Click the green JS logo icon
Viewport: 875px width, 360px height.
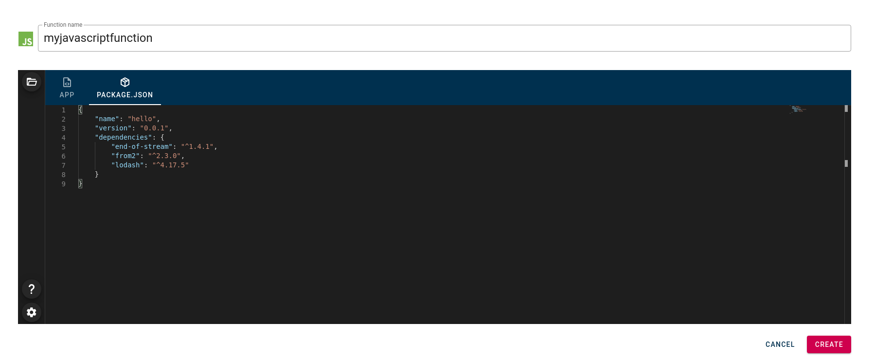click(26, 39)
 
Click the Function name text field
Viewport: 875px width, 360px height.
click(444, 38)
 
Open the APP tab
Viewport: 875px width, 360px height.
click(67, 88)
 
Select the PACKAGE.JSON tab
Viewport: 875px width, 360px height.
click(125, 88)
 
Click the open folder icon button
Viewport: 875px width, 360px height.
click(32, 82)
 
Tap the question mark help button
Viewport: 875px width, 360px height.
click(32, 289)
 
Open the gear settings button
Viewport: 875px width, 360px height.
click(32, 312)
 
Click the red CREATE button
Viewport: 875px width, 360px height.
click(829, 344)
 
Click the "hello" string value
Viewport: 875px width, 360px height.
click(142, 119)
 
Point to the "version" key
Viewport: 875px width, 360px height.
click(113, 128)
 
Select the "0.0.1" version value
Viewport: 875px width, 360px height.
click(154, 128)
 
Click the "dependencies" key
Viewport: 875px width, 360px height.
click(124, 137)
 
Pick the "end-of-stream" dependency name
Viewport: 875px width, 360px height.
click(142, 146)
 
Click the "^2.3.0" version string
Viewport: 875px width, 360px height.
click(164, 156)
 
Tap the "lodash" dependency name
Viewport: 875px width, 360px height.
click(127, 165)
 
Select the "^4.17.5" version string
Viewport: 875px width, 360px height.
click(171, 165)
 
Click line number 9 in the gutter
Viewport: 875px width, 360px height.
click(63, 184)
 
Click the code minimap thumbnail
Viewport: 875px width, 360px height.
click(798, 109)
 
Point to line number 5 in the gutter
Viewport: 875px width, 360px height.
click(63, 147)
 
